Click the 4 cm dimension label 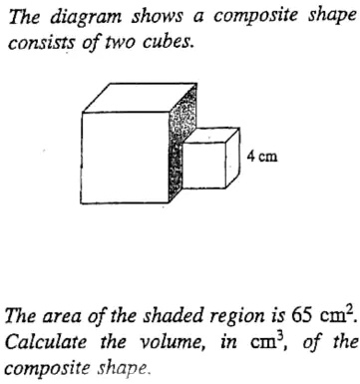pos(262,157)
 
